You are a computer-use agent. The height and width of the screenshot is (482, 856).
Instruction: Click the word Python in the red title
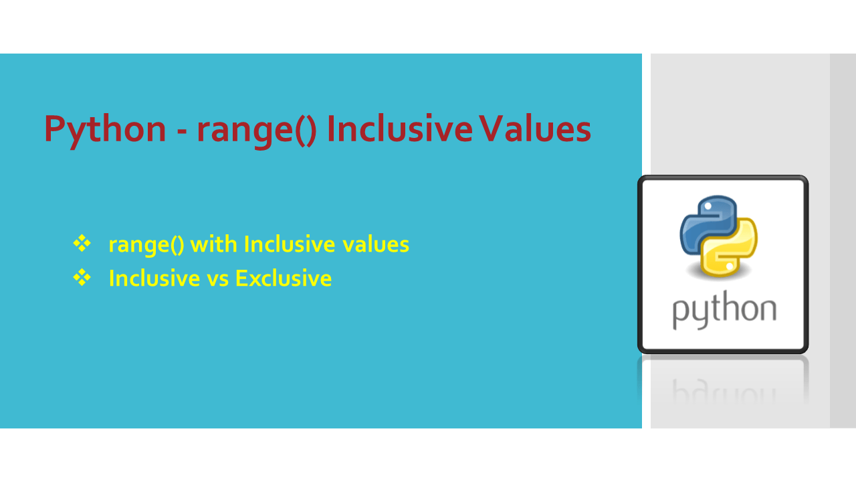(x=105, y=130)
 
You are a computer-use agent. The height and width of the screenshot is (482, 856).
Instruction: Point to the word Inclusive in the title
(x=400, y=130)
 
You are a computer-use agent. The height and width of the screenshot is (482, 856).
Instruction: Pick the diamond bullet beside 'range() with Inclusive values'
(x=82, y=244)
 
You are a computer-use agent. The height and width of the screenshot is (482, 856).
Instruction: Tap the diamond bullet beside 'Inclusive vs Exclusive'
(x=82, y=277)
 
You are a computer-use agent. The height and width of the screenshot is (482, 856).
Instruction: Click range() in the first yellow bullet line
(x=146, y=245)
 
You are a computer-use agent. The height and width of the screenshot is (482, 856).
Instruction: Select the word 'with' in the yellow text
(x=213, y=244)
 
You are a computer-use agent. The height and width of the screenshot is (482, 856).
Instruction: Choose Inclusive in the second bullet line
(x=154, y=278)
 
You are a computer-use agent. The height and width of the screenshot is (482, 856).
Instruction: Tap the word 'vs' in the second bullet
(x=218, y=278)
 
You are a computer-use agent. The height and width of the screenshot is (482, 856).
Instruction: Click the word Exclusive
(x=283, y=278)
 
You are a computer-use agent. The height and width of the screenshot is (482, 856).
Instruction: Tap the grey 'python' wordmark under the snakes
(x=724, y=311)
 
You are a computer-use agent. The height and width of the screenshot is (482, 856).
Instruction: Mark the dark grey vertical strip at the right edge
(x=843, y=241)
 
